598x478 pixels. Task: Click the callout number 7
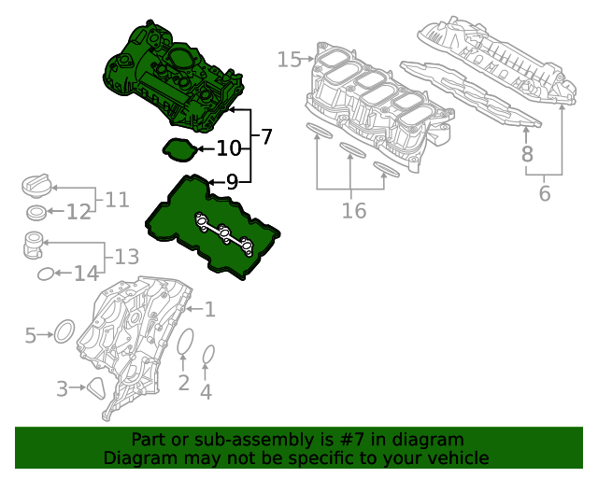click(x=266, y=137)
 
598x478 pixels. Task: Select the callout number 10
click(x=229, y=148)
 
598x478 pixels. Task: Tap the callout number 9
click(x=232, y=181)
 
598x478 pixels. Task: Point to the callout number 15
click(x=289, y=60)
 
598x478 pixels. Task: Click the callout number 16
click(x=353, y=211)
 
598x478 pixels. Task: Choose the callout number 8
click(x=527, y=154)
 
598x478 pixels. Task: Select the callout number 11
click(x=117, y=199)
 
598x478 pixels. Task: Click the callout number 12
click(x=78, y=213)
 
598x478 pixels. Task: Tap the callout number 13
click(x=126, y=256)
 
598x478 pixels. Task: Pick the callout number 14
click(x=86, y=274)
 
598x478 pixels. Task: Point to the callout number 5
click(x=31, y=334)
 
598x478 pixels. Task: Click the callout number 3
click(x=63, y=388)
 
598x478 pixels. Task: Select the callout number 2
click(x=184, y=382)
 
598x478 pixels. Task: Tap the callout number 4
click(x=206, y=392)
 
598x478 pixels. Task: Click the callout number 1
click(x=209, y=309)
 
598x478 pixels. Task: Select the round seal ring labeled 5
click(x=64, y=331)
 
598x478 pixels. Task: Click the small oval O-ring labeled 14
click(x=46, y=274)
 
